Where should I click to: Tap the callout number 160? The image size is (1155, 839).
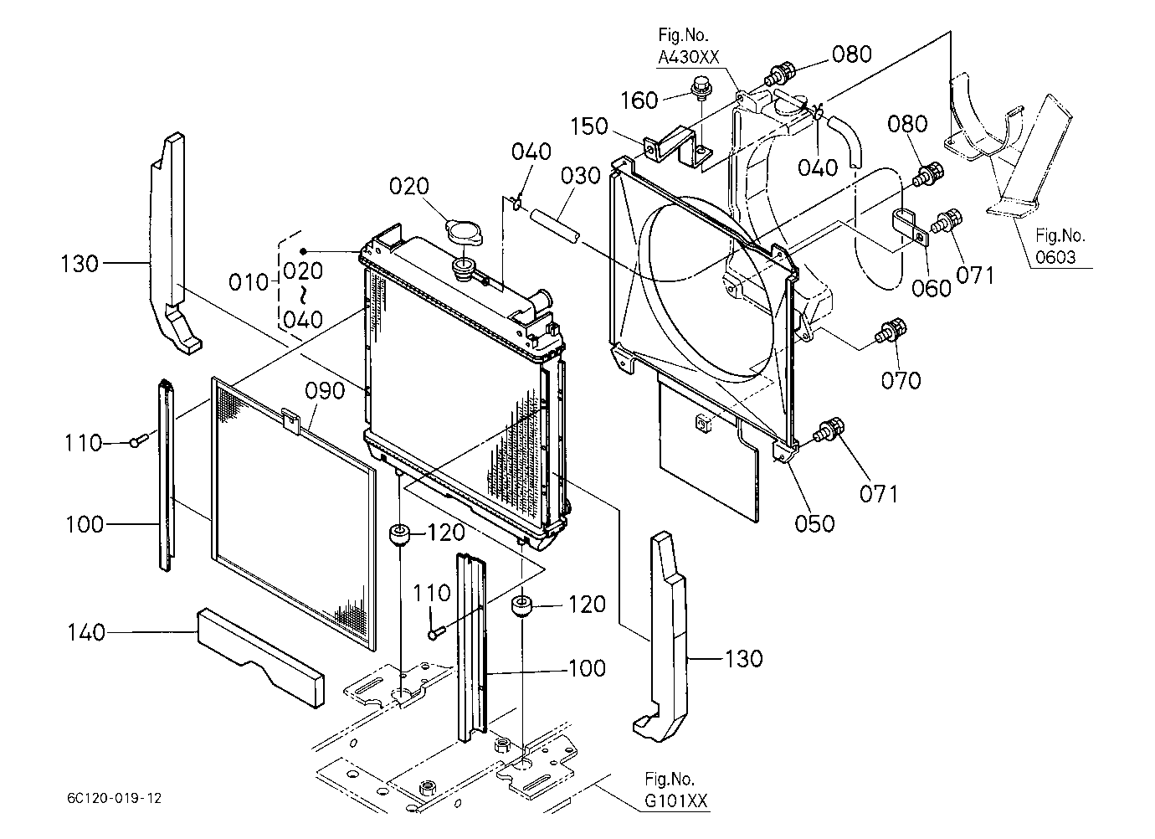[x=639, y=100]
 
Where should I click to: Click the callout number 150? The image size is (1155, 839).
[x=589, y=126]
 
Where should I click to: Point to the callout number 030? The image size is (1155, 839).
[x=581, y=176]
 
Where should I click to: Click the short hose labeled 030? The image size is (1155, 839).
[x=556, y=224]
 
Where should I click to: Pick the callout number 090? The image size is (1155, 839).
[x=325, y=391]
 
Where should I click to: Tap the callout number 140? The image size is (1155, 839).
[x=86, y=632]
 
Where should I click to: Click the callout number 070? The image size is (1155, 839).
[x=901, y=381]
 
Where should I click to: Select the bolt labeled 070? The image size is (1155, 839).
[x=891, y=332]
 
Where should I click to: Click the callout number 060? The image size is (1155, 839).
[x=932, y=288]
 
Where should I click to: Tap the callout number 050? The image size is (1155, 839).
[x=814, y=523]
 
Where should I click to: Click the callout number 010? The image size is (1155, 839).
[x=249, y=282]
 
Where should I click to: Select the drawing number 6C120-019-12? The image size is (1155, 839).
[x=114, y=798]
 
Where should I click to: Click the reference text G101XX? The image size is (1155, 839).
[x=676, y=800]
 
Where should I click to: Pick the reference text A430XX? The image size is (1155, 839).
[x=689, y=57]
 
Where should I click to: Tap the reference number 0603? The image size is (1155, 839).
[x=1055, y=257]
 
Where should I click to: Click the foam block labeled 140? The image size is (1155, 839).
[x=261, y=657]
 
